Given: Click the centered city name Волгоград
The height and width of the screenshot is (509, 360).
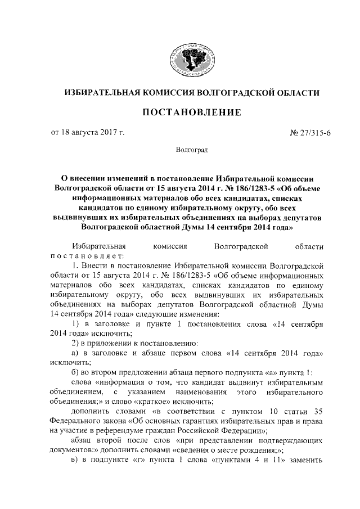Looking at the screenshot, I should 191,151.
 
